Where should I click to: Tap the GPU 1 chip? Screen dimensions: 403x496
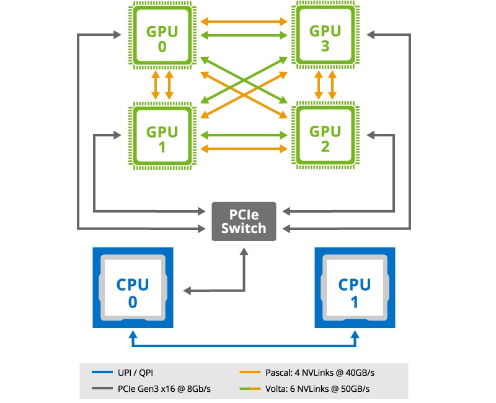click(162, 138)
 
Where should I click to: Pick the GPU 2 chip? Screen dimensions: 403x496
click(325, 138)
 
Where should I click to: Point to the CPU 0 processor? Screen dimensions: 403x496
click(133, 288)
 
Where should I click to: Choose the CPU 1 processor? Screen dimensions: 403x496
click(355, 288)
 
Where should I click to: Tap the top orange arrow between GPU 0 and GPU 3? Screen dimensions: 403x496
click(244, 22)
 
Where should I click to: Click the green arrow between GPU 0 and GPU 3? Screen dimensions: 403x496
click(244, 36)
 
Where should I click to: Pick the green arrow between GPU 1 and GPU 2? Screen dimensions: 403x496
click(244, 134)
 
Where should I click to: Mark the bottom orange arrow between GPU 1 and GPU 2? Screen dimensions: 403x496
click(244, 148)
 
